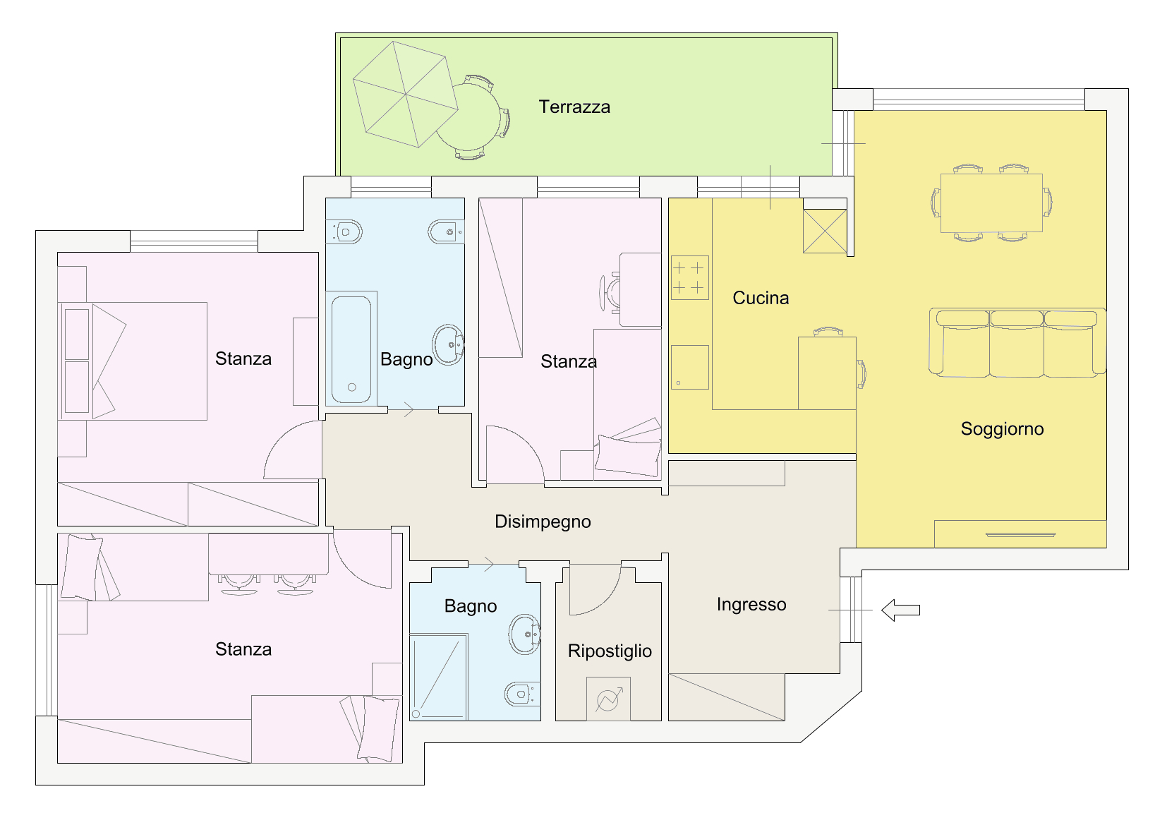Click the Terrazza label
(x=574, y=107)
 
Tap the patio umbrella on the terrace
(x=405, y=95)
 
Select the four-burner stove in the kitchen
(x=690, y=278)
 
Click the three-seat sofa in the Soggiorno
(x=1017, y=342)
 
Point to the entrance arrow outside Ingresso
(x=900, y=610)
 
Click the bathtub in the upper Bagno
(x=351, y=350)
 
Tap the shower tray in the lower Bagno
(x=439, y=677)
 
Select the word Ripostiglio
(x=610, y=651)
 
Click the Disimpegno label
(x=543, y=522)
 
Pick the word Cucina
(x=761, y=298)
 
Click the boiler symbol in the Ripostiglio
(x=608, y=699)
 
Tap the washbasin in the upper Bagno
(x=448, y=344)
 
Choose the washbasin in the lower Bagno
(x=525, y=634)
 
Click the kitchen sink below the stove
(x=690, y=368)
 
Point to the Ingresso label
(x=751, y=605)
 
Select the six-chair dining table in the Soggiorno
(x=991, y=203)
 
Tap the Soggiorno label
(x=1002, y=429)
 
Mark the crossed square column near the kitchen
(x=825, y=231)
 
